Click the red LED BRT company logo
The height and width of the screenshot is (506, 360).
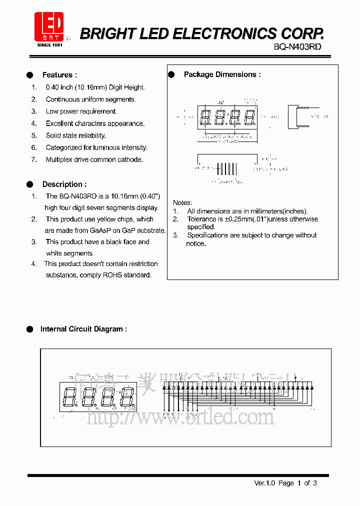pyautogui.click(x=48, y=27)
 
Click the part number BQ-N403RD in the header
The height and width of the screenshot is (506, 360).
pyautogui.click(x=297, y=46)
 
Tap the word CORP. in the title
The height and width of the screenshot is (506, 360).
pyautogui.click(x=303, y=33)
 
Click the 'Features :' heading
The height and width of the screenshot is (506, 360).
pyautogui.click(x=59, y=75)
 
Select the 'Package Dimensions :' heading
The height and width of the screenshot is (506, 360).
pyautogui.click(x=222, y=74)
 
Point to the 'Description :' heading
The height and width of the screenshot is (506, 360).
pyautogui.click(x=64, y=184)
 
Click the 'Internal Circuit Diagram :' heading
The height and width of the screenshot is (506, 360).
pyautogui.click(x=83, y=329)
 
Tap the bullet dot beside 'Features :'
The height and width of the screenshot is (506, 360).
pyautogui.click(x=30, y=75)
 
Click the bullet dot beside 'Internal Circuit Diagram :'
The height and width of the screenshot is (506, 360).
pyautogui.click(x=29, y=329)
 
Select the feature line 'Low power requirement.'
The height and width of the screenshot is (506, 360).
pyautogui.click(x=81, y=111)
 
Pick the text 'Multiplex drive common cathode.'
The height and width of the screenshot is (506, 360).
pyautogui.click(x=94, y=159)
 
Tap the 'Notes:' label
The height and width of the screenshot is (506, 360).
pyautogui.click(x=182, y=202)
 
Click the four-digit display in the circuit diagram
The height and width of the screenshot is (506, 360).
pyautogui.click(x=97, y=397)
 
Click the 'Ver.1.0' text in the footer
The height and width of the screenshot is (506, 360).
pyautogui.click(x=265, y=483)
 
